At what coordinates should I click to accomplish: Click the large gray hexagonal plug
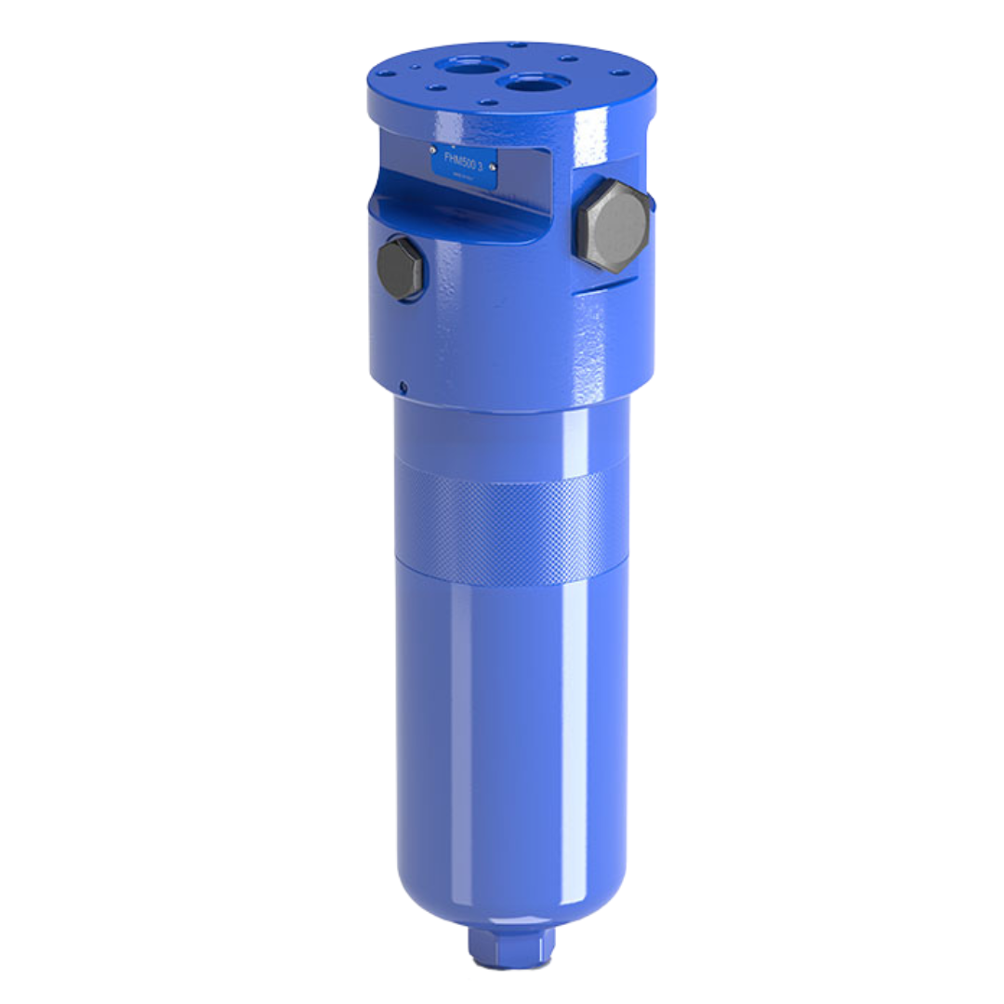tap(613, 226)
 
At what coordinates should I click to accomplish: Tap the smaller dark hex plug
tap(401, 269)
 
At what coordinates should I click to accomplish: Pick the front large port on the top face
tap(533, 83)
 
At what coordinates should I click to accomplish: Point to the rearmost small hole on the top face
tap(518, 45)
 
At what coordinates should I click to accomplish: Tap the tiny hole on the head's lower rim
tap(403, 386)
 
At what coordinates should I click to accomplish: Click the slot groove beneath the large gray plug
tap(609, 288)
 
